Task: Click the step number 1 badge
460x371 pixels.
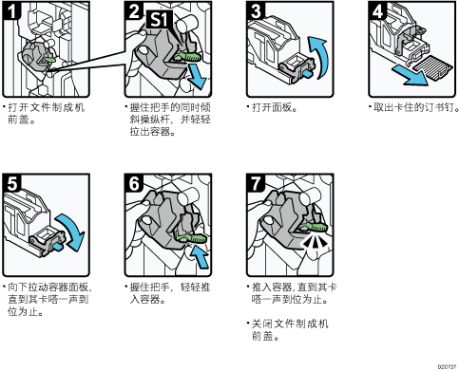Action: tap(11, 10)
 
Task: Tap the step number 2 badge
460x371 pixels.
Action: tap(134, 10)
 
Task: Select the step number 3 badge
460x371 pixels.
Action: tap(256, 10)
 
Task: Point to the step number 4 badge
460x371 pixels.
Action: tap(377, 10)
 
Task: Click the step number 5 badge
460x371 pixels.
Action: tap(11, 182)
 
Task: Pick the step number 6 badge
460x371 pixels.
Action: tap(134, 182)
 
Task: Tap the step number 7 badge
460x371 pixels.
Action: tap(256, 182)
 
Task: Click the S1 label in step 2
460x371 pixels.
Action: tap(159, 19)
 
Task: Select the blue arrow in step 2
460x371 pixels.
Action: tap(197, 77)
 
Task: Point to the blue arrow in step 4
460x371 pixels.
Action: tap(410, 76)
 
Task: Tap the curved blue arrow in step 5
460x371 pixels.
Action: tap(74, 230)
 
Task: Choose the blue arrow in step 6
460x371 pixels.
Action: tap(199, 256)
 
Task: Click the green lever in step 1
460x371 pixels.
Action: tap(48, 60)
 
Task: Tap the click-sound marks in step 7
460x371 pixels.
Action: tap(313, 242)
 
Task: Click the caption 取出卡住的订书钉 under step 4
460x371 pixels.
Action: tap(416, 108)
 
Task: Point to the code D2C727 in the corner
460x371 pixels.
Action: tap(447, 367)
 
